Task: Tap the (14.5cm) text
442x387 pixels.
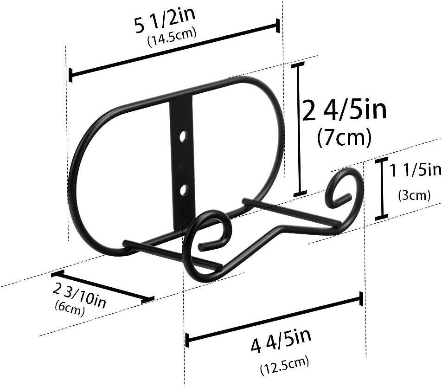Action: point(172,39)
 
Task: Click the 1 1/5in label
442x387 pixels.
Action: point(415,171)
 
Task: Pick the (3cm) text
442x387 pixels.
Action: point(414,195)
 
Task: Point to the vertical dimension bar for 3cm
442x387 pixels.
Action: point(381,188)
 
